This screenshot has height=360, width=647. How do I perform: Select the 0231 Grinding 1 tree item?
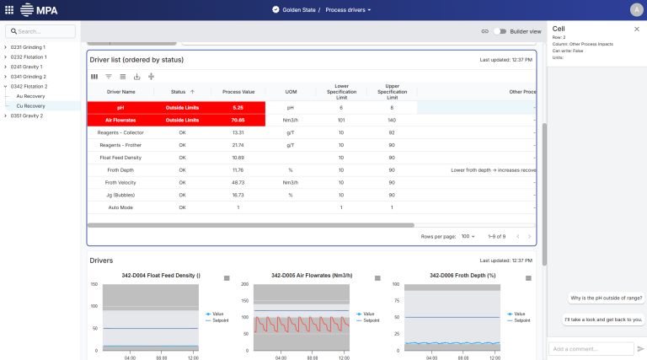[x=28, y=47]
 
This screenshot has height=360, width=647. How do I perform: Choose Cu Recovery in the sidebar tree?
[x=31, y=106]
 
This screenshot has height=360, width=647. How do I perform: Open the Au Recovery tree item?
[x=31, y=96]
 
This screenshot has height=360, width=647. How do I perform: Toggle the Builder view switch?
[x=502, y=31]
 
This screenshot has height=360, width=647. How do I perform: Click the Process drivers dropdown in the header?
[x=348, y=9]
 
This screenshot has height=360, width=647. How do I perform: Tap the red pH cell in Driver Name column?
[x=120, y=108]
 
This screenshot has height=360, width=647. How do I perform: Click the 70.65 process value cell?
[x=238, y=121]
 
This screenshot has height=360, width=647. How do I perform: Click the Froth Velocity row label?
[x=120, y=182]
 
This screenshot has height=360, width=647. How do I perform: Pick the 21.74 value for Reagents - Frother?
[x=238, y=145]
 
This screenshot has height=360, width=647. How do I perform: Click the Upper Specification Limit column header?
[x=392, y=91]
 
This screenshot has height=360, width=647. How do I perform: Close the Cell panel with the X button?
[x=636, y=29]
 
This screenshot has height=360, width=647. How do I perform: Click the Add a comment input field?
[x=590, y=348]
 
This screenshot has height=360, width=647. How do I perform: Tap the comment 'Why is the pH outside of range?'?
[x=606, y=298]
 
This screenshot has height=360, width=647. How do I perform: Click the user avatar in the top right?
[x=635, y=9]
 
